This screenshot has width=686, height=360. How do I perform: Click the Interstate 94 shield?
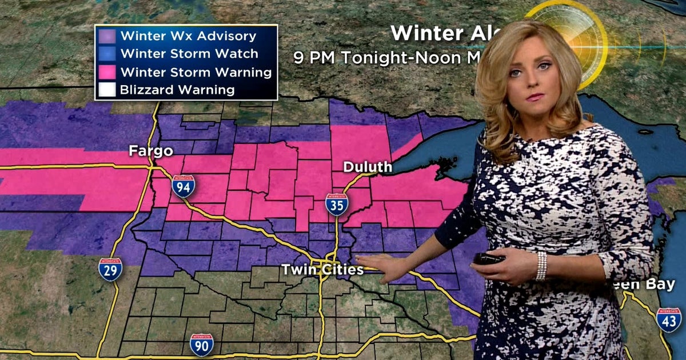pyautogui.click(x=183, y=186)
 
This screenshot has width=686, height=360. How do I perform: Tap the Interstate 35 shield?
pyautogui.click(x=337, y=205)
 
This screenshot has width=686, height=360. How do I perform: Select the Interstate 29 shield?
pyautogui.click(x=110, y=269)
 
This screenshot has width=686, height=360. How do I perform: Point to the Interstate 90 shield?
pyautogui.click(x=201, y=345)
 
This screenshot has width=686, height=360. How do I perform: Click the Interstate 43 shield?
pyautogui.click(x=668, y=320)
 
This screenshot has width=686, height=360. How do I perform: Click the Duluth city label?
pyautogui.click(x=368, y=167)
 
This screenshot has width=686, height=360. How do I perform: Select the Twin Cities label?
pyautogui.click(x=322, y=270)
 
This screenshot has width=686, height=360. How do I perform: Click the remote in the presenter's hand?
pyautogui.click(x=489, y=258)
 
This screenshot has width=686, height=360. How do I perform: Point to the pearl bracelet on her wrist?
pyautogui.click(x=541, y=266)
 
